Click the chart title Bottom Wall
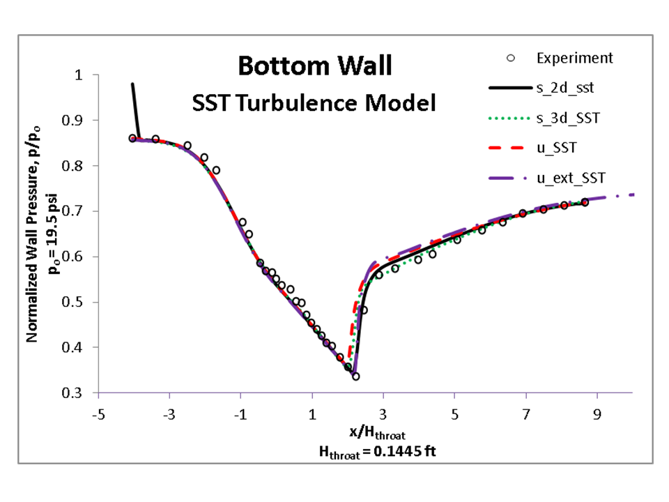coord(315,66)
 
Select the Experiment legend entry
coord(574,58)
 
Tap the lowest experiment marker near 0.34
coord(356,376)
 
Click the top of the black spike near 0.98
coord(132,84)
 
